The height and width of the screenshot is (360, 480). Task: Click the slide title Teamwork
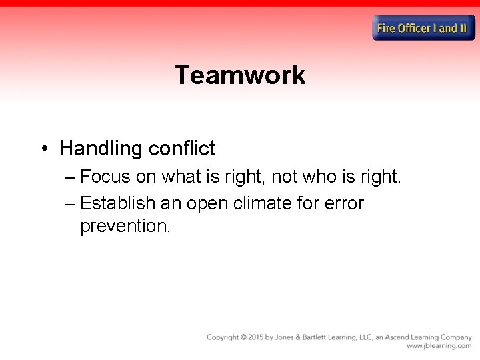coord(240,75)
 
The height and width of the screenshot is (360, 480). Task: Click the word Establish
coord(118,203)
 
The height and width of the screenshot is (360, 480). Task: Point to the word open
coord(208,203)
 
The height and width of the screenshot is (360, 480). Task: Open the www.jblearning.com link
coord(439,346)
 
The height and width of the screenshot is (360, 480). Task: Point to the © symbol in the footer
coord(243,337)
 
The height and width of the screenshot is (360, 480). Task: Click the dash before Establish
coord(71,203)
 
